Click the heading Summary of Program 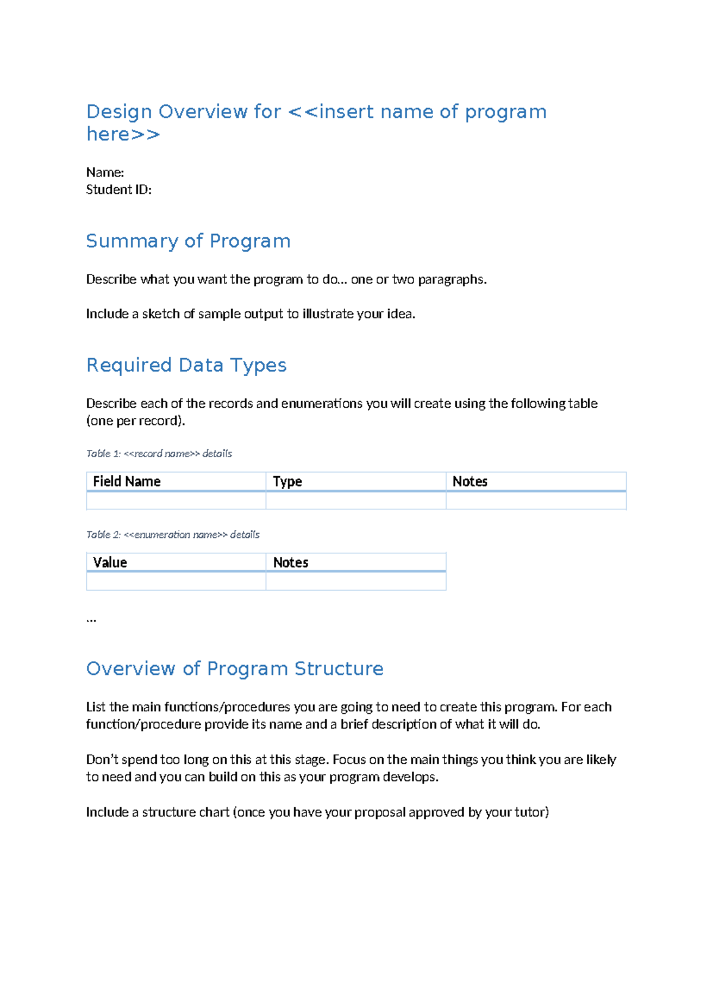[x=188, y=241]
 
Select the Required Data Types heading [x=186, y=365]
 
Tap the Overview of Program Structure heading [x=235, y=669]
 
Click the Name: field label [x=105, y=172]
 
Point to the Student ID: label [x=118, y=190]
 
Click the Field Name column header [x=127, y=481]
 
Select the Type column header [x=287, y=481]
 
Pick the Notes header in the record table [x=469, y=481]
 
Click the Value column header [x=110, y=562]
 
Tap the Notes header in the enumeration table [x=290, y=562]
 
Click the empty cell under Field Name [x=176, y=501]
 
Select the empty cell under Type [x=355, y=501]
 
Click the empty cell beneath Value [x=176, y=581]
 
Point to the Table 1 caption [x=159, y=453]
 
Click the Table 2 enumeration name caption [x=172, y=534]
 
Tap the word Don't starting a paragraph [x=102, y=760]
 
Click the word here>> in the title [x=123, y=134]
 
